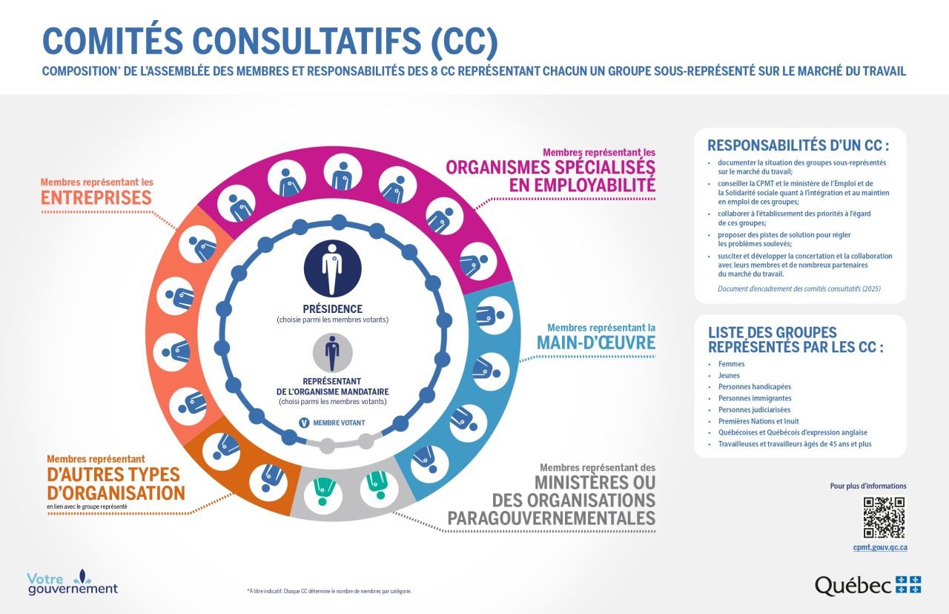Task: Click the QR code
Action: coord(884,517)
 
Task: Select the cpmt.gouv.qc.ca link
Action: coord(880,547)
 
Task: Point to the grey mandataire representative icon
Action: coord(332,354)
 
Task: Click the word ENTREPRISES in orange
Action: coord(96,198)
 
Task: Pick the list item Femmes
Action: coord(731,364)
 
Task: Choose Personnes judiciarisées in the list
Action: coord(754,409)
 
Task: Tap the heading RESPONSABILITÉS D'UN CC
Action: coord(797,145)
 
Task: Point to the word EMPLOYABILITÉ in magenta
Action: coord(583,185)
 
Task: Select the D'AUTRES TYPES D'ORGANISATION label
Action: coord(116,483)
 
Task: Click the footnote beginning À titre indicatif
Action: coord(329,591)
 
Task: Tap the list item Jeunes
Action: coord(729,375)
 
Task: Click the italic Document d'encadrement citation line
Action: coord(799,288)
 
